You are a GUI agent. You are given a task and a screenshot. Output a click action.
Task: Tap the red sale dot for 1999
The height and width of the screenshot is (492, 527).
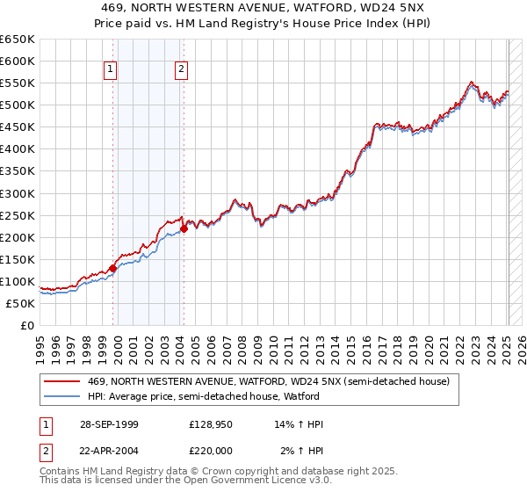click(113, 268)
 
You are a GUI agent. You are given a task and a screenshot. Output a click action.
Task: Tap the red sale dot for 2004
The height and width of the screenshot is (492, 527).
click(184, 228)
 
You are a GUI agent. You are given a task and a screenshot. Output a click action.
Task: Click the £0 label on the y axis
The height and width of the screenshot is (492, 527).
click(26, 325)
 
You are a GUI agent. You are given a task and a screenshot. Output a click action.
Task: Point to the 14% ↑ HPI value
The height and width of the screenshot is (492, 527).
click(300, 424)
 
